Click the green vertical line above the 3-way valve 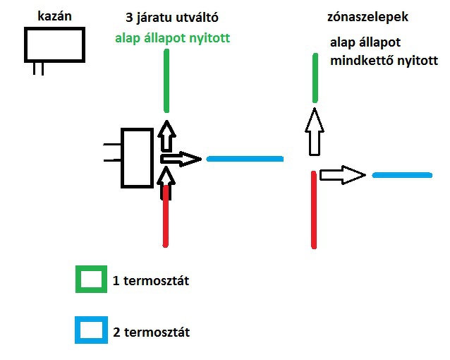[x=166, y=81]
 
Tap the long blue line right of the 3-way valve [x=245, y=159]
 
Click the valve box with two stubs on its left [x=137, y=158]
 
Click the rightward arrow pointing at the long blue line [x=181, y=159]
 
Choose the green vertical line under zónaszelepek [x=315, y=78]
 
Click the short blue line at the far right [x=401, y=174]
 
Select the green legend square [x=92, y=280]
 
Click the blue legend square [x=92, y=330]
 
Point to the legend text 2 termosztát [x=151, y=332]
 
